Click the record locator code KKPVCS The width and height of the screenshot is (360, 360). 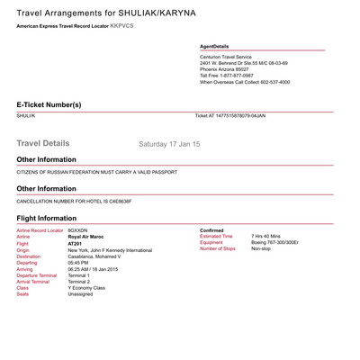coord(121,26)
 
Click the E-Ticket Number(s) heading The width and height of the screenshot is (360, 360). coord(49,104)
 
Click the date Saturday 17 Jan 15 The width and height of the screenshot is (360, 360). coord(169,143)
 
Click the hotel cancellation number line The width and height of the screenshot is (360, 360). coord(74,201)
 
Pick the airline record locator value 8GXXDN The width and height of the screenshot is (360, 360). coord(78,230)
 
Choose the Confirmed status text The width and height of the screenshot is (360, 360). coord(211,230)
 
